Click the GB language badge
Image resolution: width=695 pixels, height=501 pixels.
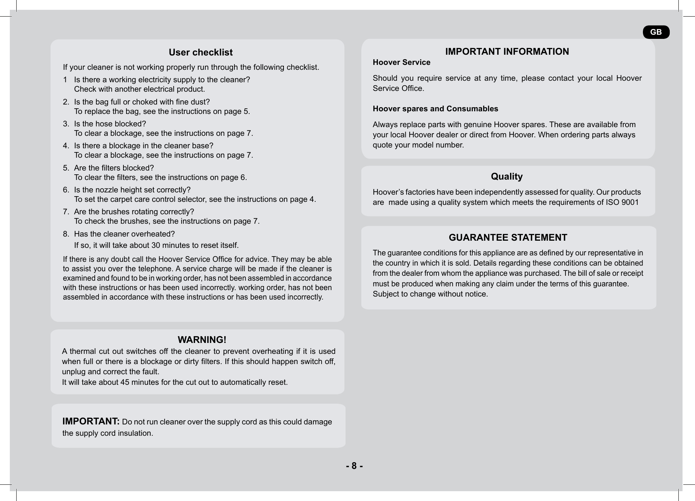[656, 32]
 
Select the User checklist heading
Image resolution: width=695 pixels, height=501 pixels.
[200, 52]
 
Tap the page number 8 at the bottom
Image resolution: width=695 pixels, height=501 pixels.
[354, 466]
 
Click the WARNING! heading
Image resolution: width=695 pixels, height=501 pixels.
[202, 340]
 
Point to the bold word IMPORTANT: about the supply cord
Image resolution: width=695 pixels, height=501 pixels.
[91, 421]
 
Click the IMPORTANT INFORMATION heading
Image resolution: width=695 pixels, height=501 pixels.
[507, 52]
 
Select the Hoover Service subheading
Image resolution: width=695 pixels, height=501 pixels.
[401, 63]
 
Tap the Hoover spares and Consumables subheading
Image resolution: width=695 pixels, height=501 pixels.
[435, 109]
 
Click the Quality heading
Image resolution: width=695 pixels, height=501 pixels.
[507, 177]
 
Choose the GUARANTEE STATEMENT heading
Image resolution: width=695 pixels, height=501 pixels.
[508, 238]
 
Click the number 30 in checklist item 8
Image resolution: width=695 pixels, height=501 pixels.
[156, 246]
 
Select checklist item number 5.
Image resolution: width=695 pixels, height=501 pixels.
[66, 168]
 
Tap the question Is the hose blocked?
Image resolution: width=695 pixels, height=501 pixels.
[110, 124]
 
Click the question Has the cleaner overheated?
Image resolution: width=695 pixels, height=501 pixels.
[124, 234]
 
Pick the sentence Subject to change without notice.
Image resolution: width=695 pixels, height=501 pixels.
[430, 294]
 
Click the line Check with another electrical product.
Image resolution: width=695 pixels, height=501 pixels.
[139, 89]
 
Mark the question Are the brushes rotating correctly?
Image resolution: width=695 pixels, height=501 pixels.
[134, 212]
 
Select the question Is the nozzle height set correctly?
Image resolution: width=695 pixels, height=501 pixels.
[132, 190]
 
